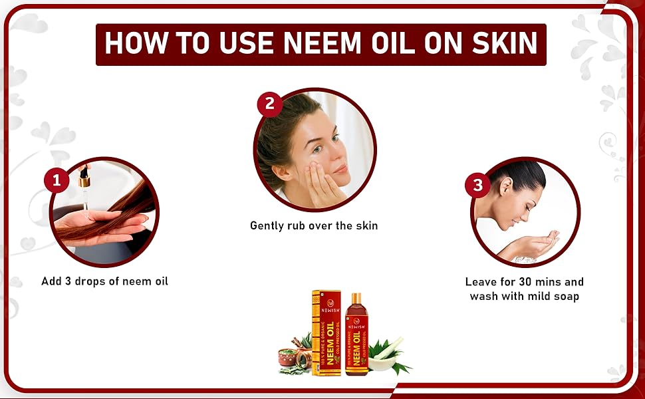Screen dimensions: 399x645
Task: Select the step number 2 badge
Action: tap(269, 104)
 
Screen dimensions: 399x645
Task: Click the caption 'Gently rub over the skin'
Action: tap(314, 225)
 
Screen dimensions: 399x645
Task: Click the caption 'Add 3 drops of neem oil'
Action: tap(104, 281)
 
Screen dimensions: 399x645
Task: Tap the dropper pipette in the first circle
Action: tap(84, 179)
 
